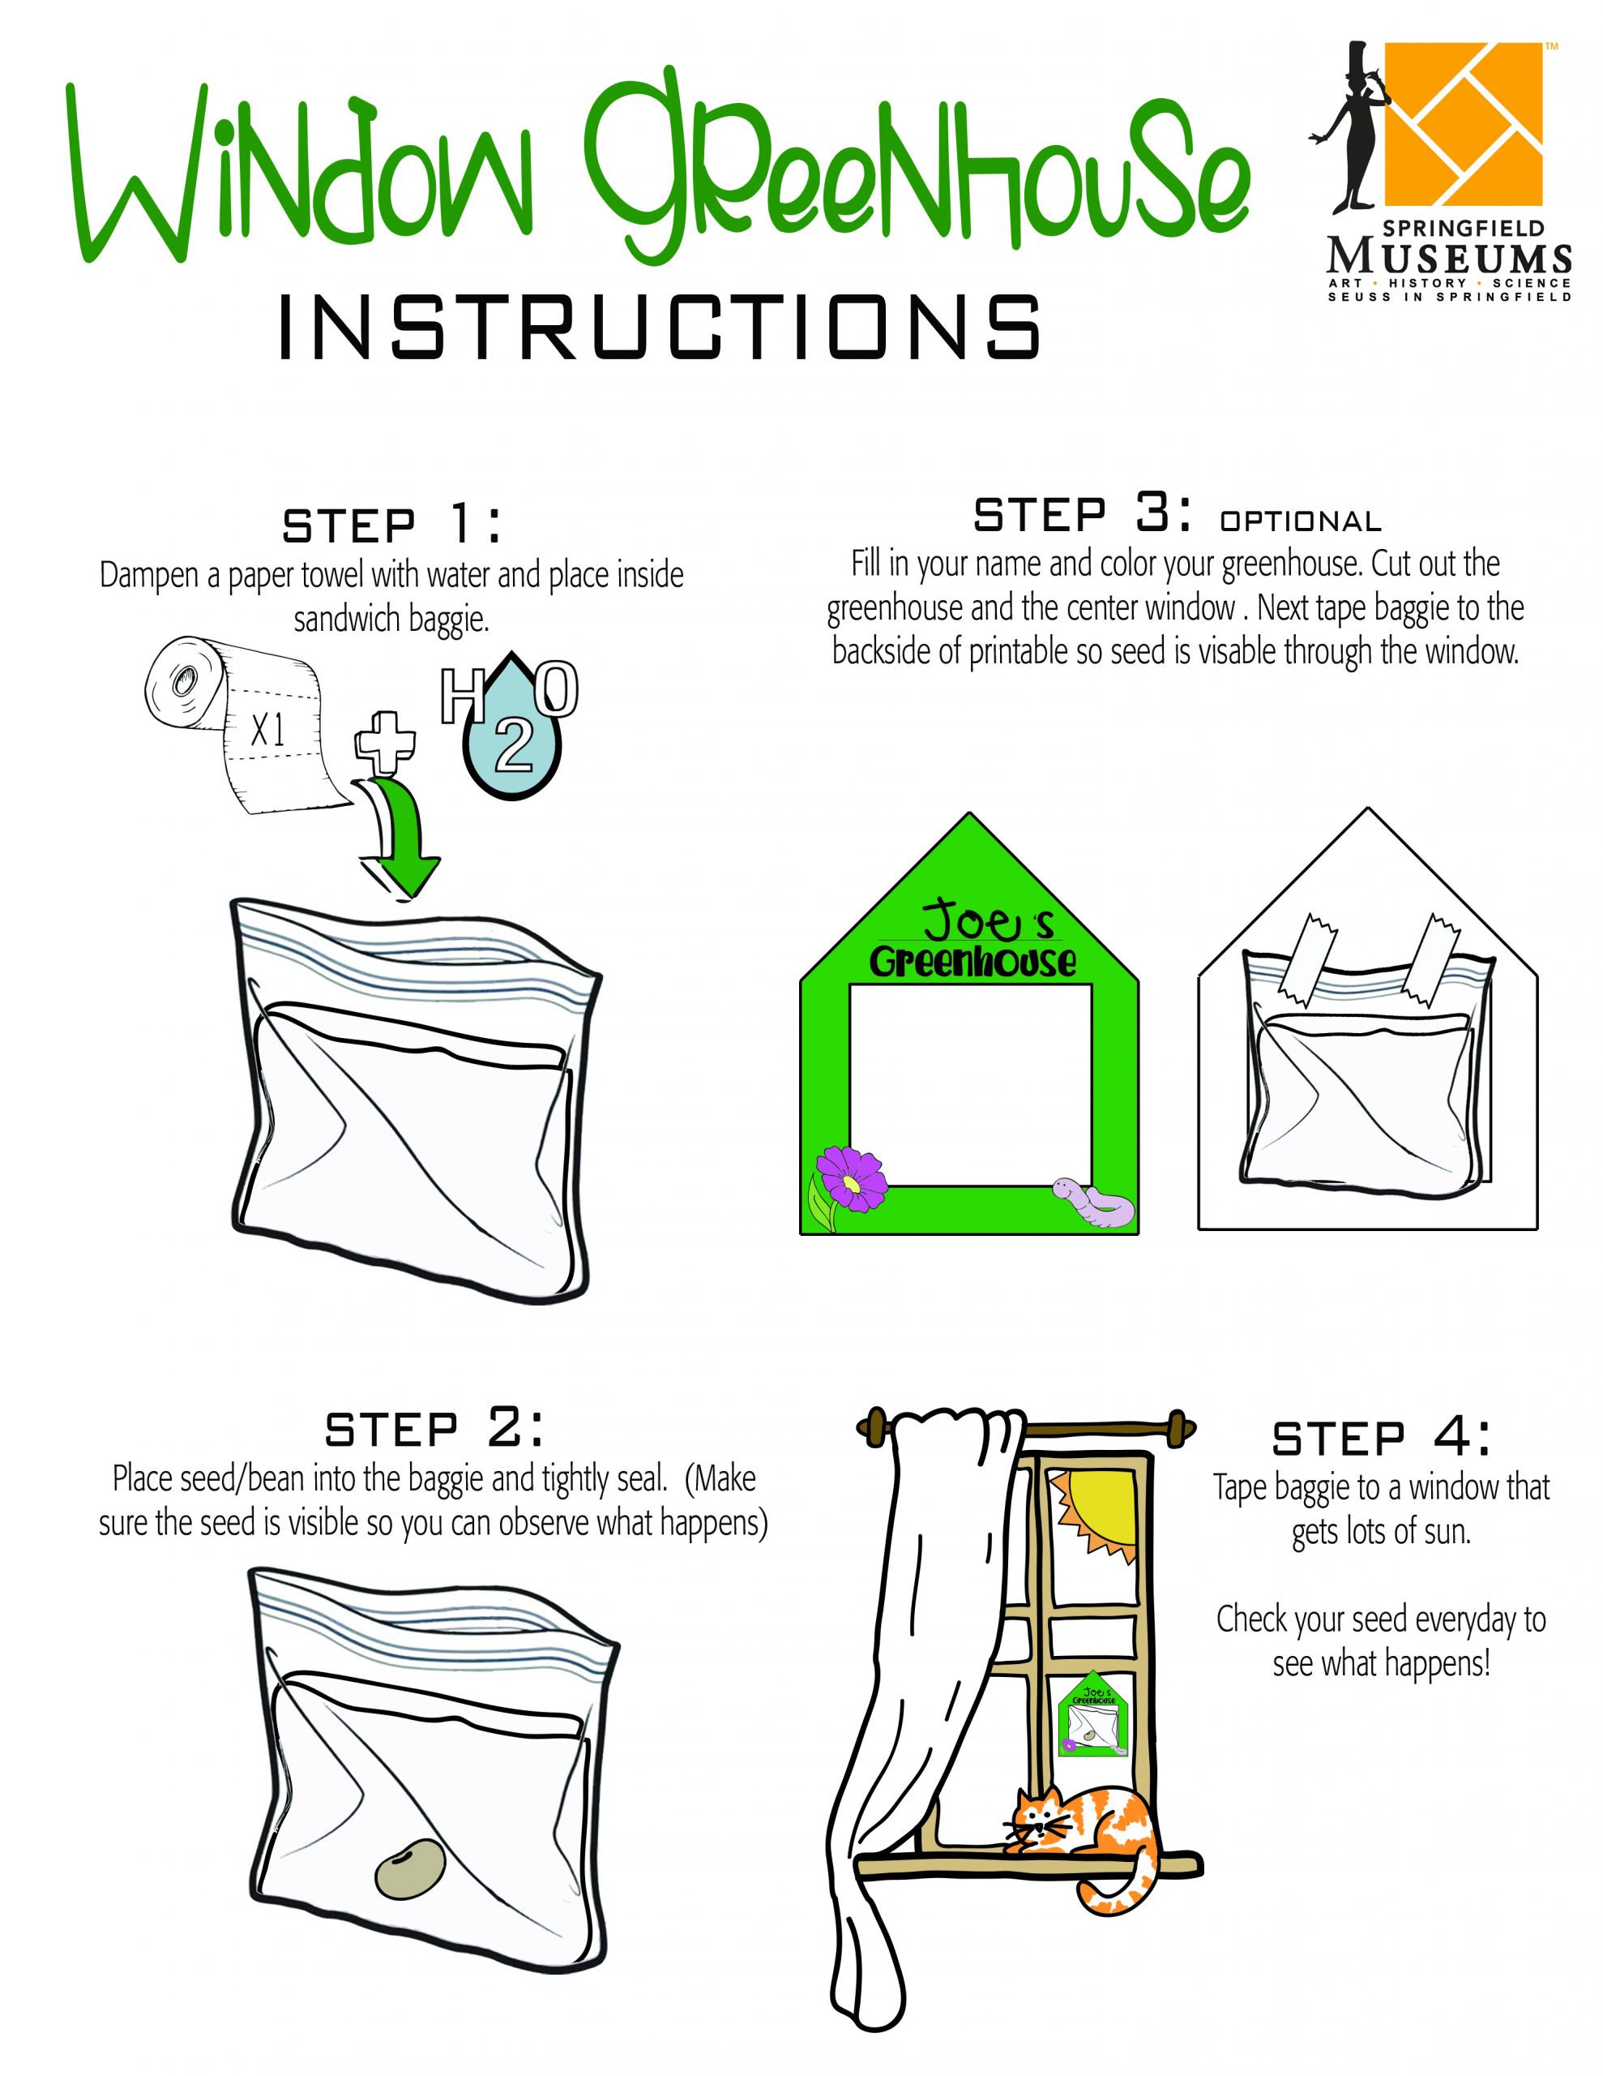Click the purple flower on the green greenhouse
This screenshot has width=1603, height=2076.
tap(849, 1177)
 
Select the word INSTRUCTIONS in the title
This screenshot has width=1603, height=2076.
tap(660, 326)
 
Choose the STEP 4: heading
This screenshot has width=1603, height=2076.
tap(1381, 1439)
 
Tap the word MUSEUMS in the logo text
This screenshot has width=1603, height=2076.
tap(1448, 256)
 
